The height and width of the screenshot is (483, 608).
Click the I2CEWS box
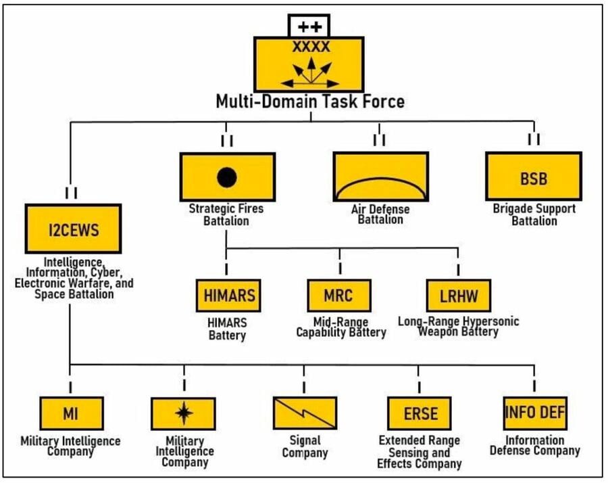point(73,229)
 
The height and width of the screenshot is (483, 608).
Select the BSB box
point(534,179)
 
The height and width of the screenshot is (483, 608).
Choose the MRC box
point(338,295)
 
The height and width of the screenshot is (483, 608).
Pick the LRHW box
point(458,295)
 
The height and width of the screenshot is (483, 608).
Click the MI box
point(70,413)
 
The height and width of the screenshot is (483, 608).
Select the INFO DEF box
point(535,411)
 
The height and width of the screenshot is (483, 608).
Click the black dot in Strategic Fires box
point(227,177)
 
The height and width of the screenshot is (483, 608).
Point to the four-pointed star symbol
point(183,412)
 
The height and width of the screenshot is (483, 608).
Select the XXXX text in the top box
point(311,47)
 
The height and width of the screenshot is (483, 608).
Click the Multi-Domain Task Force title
point(310,101)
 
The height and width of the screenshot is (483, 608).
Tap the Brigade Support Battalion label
point(534,214)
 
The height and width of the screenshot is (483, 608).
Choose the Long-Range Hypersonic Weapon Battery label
point(458,326)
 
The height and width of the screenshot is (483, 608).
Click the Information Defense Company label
point(534,444)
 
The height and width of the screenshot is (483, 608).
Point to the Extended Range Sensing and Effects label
point(419,451)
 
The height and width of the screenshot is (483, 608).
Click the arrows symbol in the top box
point(311,72)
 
